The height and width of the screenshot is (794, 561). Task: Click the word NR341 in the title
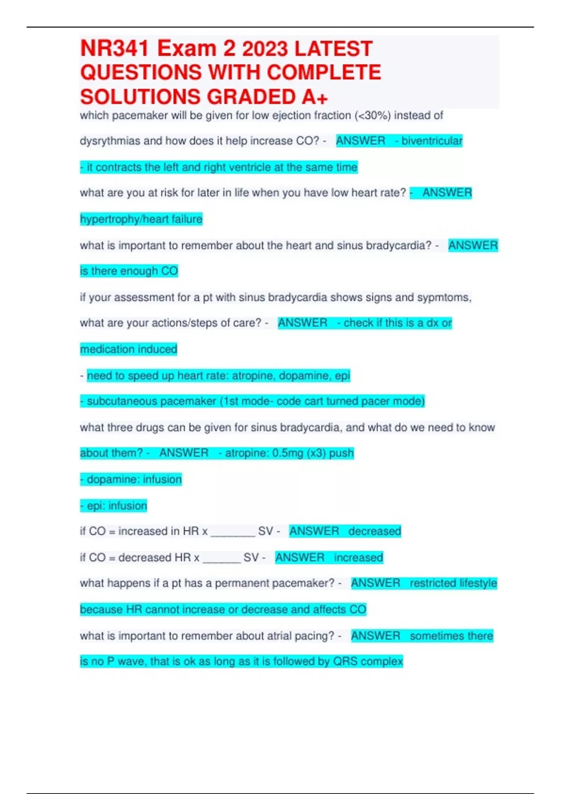[115, 49]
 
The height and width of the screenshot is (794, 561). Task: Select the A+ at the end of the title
[315, 97]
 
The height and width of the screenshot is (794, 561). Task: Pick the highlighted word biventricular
[432, 141]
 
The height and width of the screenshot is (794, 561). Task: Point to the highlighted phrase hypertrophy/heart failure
[141, 219]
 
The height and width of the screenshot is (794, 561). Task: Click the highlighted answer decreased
[374, 531]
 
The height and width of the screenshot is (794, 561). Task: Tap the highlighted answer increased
[358, 557]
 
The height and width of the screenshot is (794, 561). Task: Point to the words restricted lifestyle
[453, 583]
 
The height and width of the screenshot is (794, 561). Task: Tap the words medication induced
[129, 349]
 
